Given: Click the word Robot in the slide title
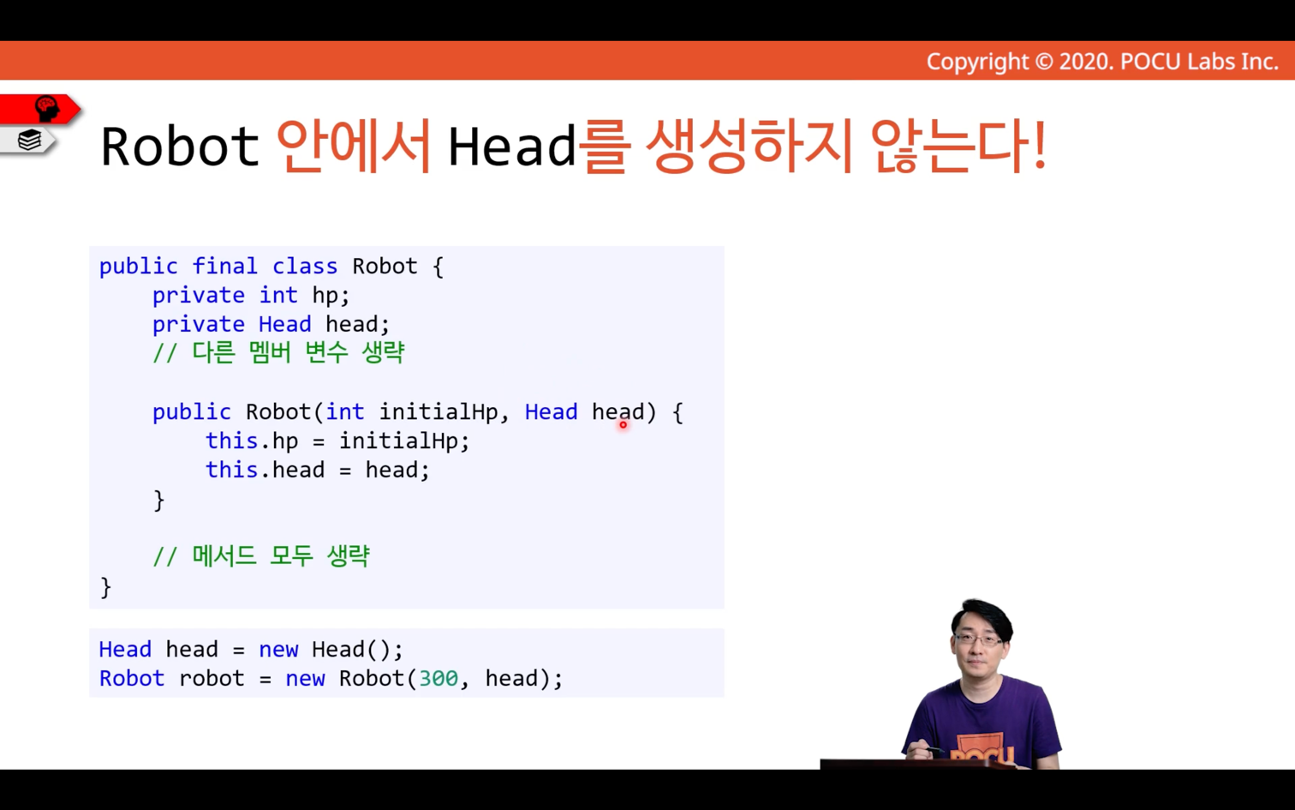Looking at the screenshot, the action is tap(180, 146).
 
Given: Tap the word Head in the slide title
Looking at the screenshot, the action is tap(512, 146).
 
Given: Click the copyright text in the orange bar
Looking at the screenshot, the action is tap(1102, 62).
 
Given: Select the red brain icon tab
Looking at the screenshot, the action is tap(40, 109).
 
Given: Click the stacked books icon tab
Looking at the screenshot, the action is tap(27, 140).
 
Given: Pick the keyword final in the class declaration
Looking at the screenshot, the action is tap(224, 266).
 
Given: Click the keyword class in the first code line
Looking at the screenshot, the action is tap(305, 266).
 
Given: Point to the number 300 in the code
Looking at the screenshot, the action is tap(439, 678).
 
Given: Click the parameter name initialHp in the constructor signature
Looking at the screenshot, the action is tap(438, 412).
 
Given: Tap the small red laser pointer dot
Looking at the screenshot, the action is tap(624, 424).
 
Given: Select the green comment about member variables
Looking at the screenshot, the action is tap(278, 352).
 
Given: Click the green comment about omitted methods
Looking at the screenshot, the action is tap(260, 556).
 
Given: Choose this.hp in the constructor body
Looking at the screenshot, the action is tap(252, 441).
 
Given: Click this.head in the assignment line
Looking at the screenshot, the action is tap(266, 470).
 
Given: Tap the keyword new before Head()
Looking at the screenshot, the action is tap(278, 649).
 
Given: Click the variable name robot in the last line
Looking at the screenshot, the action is tap(212, 678).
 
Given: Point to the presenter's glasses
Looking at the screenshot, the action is tap(979, 640).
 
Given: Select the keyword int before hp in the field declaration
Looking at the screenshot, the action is tap(278, 295).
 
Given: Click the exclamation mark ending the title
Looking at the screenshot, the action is tap(1041, 146).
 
